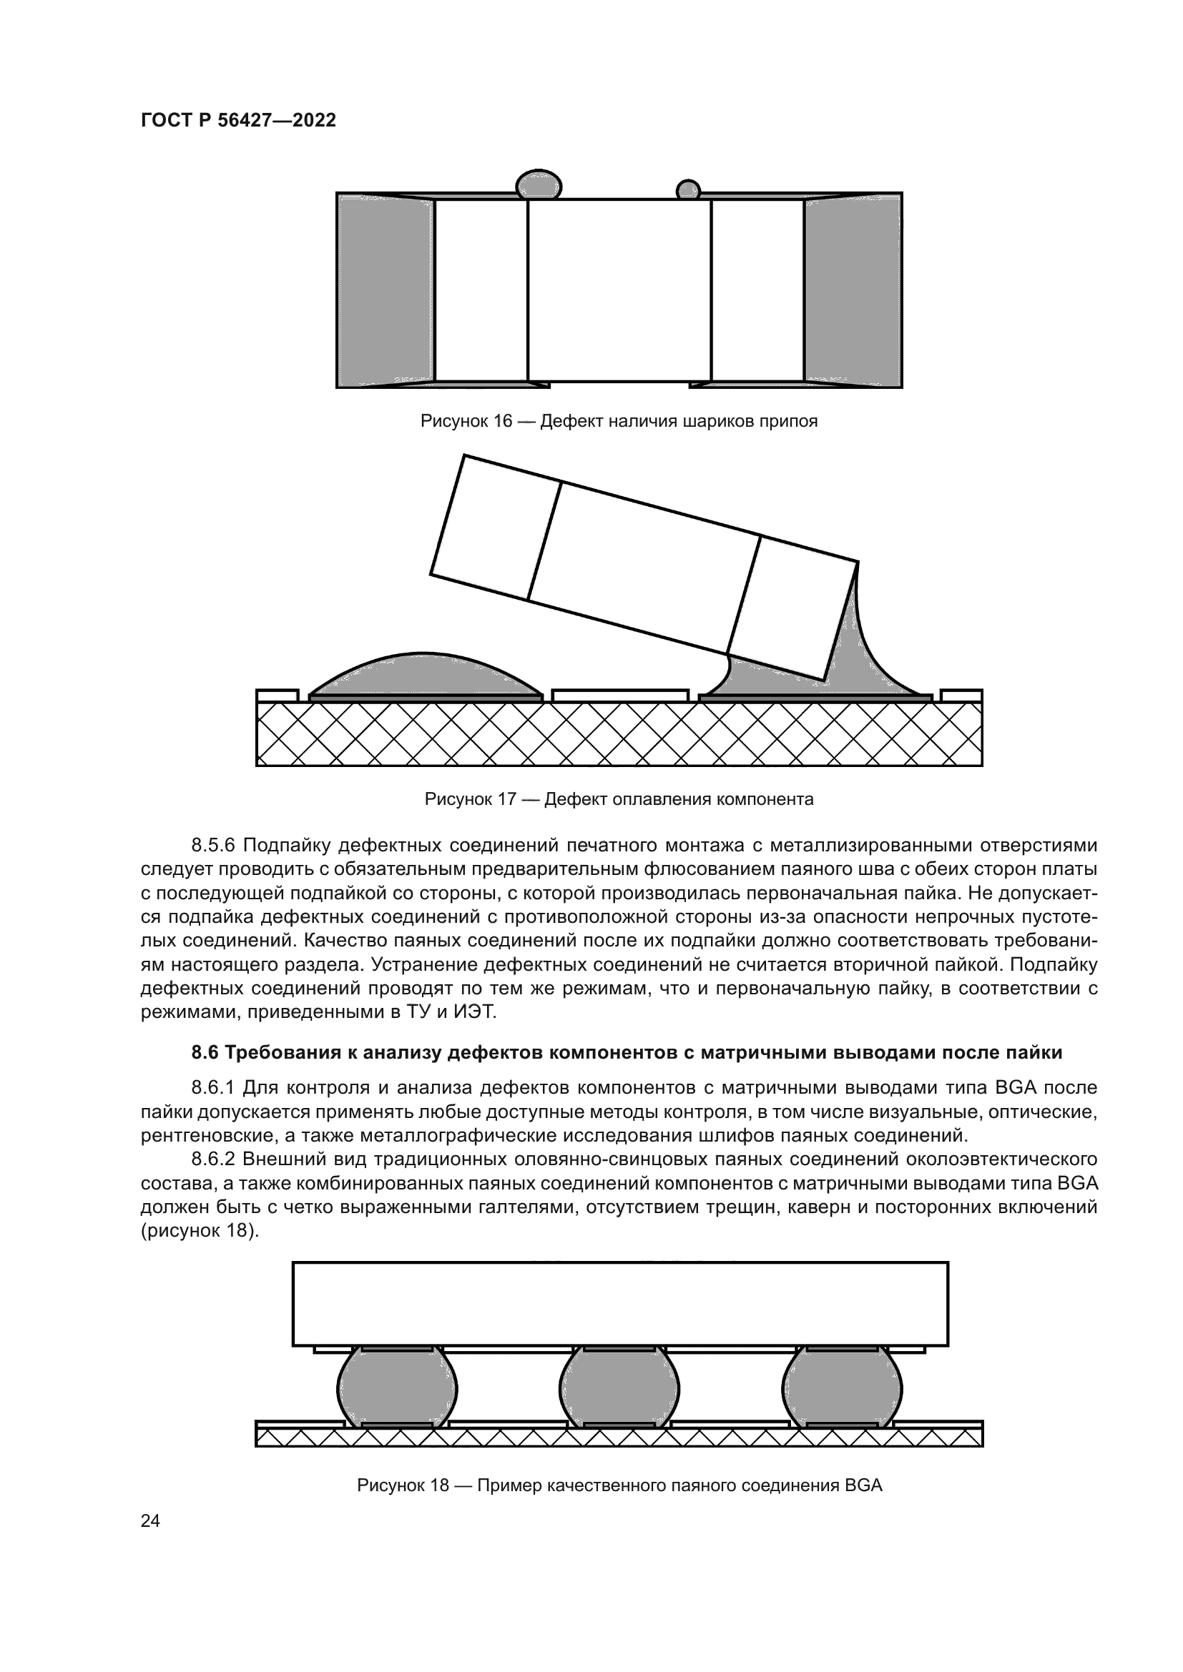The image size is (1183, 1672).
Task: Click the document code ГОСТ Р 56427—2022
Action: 238,121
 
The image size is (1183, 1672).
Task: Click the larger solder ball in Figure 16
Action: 539,185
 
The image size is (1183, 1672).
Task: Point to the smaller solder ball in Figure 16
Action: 687,191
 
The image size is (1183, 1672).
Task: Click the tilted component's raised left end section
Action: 496,528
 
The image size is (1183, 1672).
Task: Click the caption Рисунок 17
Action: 470,800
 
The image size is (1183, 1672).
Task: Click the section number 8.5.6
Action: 212,846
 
